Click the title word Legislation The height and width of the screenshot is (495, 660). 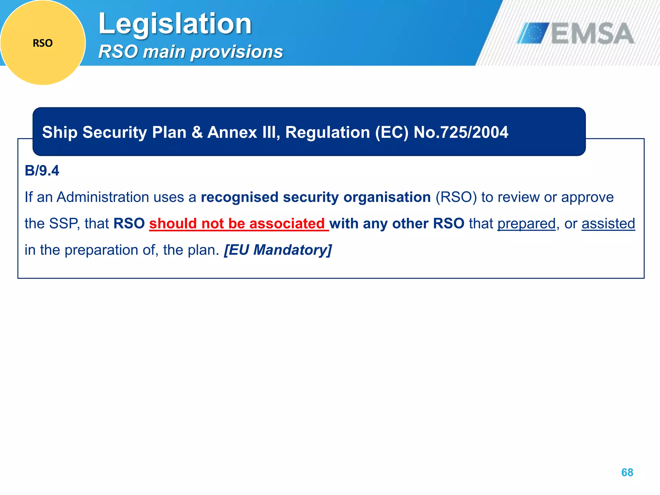tap(175, 24)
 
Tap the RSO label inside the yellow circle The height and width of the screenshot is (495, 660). tap(43, 43)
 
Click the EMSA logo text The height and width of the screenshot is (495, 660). tap(592, 34)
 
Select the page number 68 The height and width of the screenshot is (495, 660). tap(627, 472)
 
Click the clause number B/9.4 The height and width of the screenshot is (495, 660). tap(42, 171)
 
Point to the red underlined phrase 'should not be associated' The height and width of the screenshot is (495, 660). tap(238, 224)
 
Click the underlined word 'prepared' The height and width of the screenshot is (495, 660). tap(527, 224)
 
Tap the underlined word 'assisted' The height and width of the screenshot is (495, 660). tap(608, 224)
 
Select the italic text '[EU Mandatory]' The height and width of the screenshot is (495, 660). tap(278, 250)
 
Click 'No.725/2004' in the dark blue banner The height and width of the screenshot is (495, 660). tap(461, 132)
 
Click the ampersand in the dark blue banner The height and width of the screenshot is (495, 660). tap(197, 132)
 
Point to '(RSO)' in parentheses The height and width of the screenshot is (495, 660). tap(456, 197)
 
